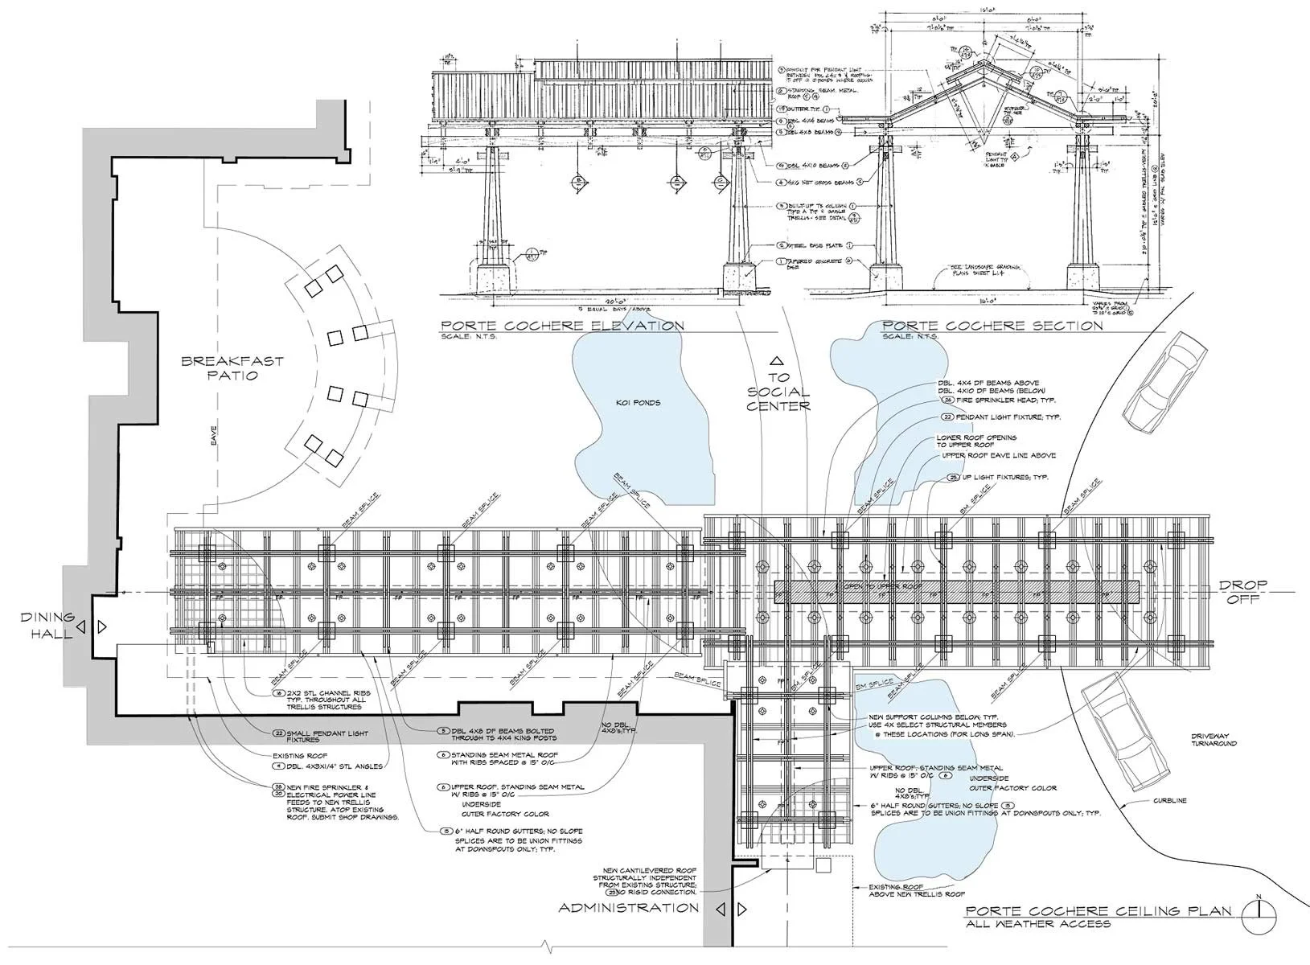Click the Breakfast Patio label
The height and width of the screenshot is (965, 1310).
click(x=232, y=368)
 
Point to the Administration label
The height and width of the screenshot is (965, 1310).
click(x=628, y=908)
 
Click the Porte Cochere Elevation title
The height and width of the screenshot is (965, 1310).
click(x=561, y=326)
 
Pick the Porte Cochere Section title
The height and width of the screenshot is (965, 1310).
click(x=992, y=326)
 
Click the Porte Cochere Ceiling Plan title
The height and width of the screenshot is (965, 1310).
click(x=1099, y=911)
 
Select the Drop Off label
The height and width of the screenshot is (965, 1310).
click(x=1242, y=591)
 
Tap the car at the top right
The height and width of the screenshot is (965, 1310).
click(x=1164, y=383)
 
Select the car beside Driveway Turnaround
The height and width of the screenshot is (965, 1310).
click(x=1126, y=730)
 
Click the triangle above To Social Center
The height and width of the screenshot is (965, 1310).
click(x=776, y=361)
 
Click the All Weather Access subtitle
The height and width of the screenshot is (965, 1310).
click(x=1038, y=924)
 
